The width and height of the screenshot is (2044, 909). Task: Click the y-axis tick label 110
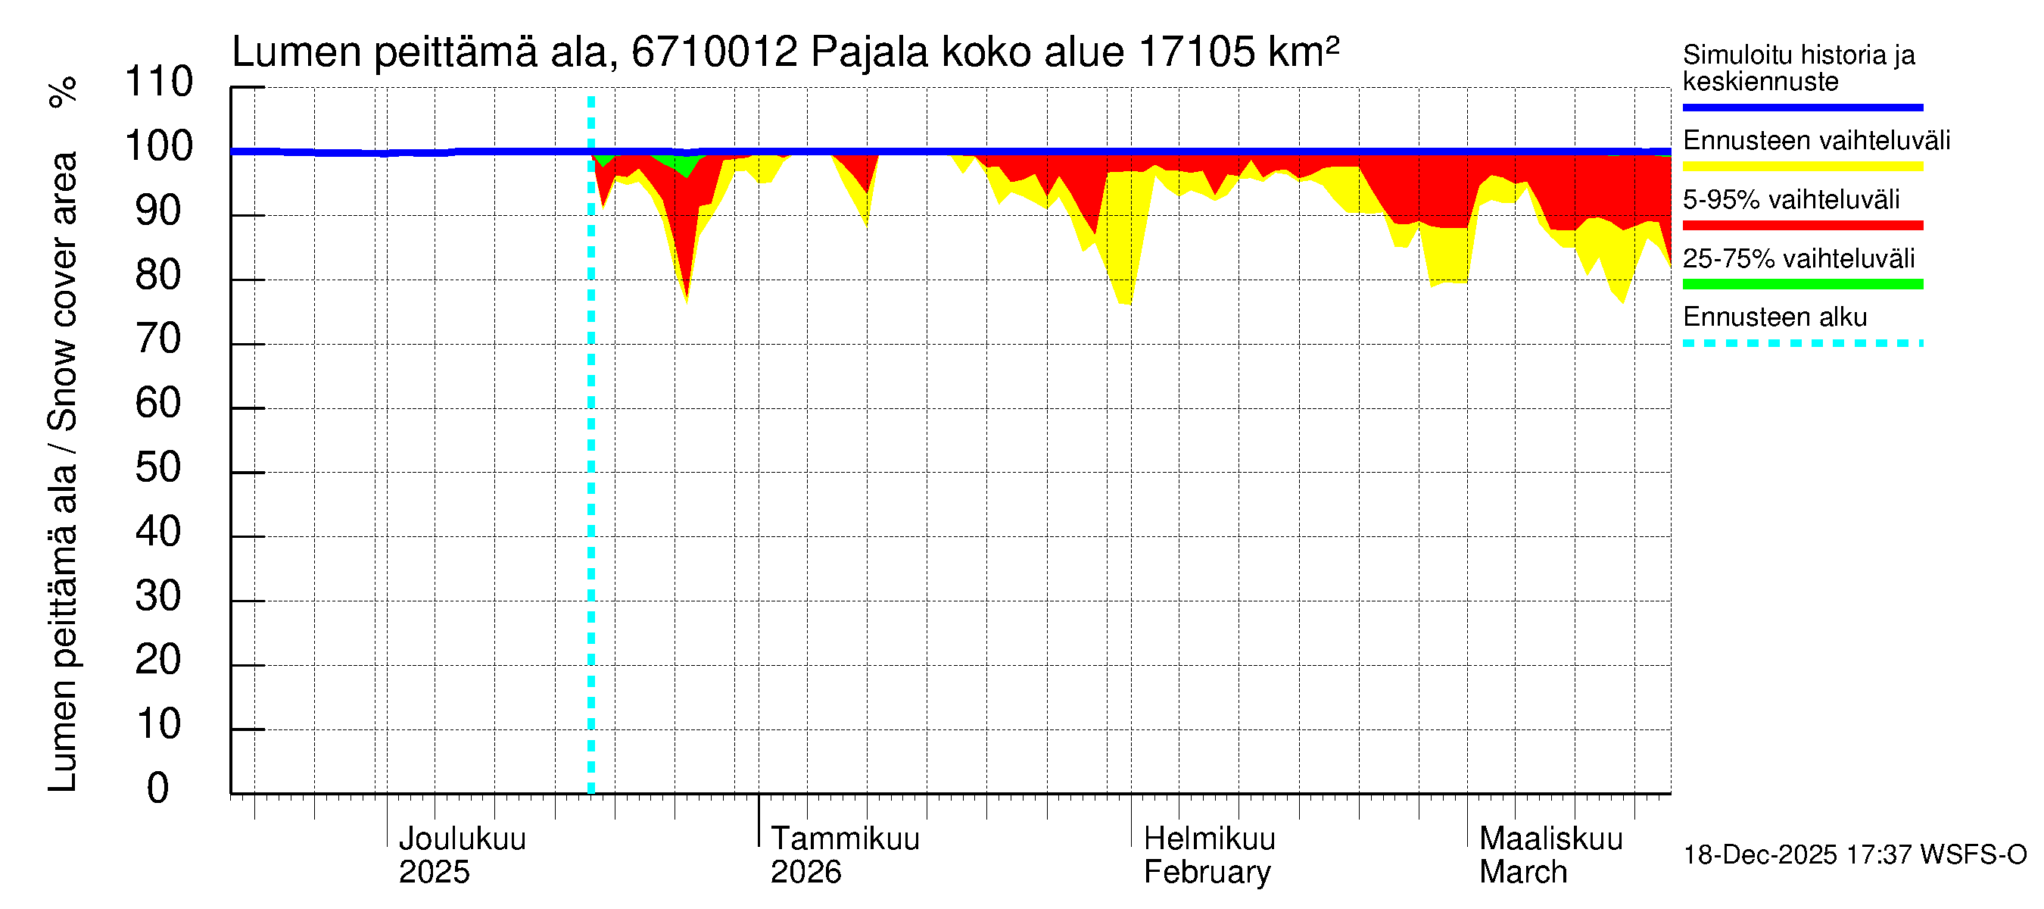pyautogui.click(x=159, y=82)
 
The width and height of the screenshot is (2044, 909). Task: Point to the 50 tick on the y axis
pyautogui.click(x=159, y=467)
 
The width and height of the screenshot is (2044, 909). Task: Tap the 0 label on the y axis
pyautogui.click(x=158, y=789)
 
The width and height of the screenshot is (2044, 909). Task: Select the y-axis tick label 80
pyautogui.click(x=159, y=275)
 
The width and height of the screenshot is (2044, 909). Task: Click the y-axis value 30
pyautogui.click(x=159, y=596)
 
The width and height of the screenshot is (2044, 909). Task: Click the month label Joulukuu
pyautogui.click(x=462, y=839)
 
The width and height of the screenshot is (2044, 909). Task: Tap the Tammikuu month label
pyautogui.click(x=845, y=839)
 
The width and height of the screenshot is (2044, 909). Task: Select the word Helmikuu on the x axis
pyautogui.click(x=1209, y=839)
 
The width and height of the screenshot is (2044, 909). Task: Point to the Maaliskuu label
pyautogui.click(x=1551, y=839)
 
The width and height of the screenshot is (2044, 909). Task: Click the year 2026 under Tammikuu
pyautogui.click(x=805, y=873)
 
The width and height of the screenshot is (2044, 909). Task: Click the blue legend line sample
pyautogui.click(x=1802, y=107)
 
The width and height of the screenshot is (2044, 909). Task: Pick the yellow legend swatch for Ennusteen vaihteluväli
pyautogui.click(x=1802, y=167)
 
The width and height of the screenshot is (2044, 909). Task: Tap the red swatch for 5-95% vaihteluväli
pyautogui.click(x=1802, y=226)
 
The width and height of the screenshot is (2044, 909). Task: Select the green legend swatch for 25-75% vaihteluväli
pyautogui.click(x=1802, y=284)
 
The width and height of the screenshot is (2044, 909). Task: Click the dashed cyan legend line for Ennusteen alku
pyautogui.click(x=1802, y=344)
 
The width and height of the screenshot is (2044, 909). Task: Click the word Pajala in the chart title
pyautogui.click(x=869, y=52)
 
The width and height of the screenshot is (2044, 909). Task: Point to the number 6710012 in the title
pyautogui.click(x=714, y=52)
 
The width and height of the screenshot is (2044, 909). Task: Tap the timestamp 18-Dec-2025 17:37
pyautogui.click(x=1760, y=855)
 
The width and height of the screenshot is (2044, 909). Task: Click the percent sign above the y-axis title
pyautogui.click(x=63, y=92)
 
